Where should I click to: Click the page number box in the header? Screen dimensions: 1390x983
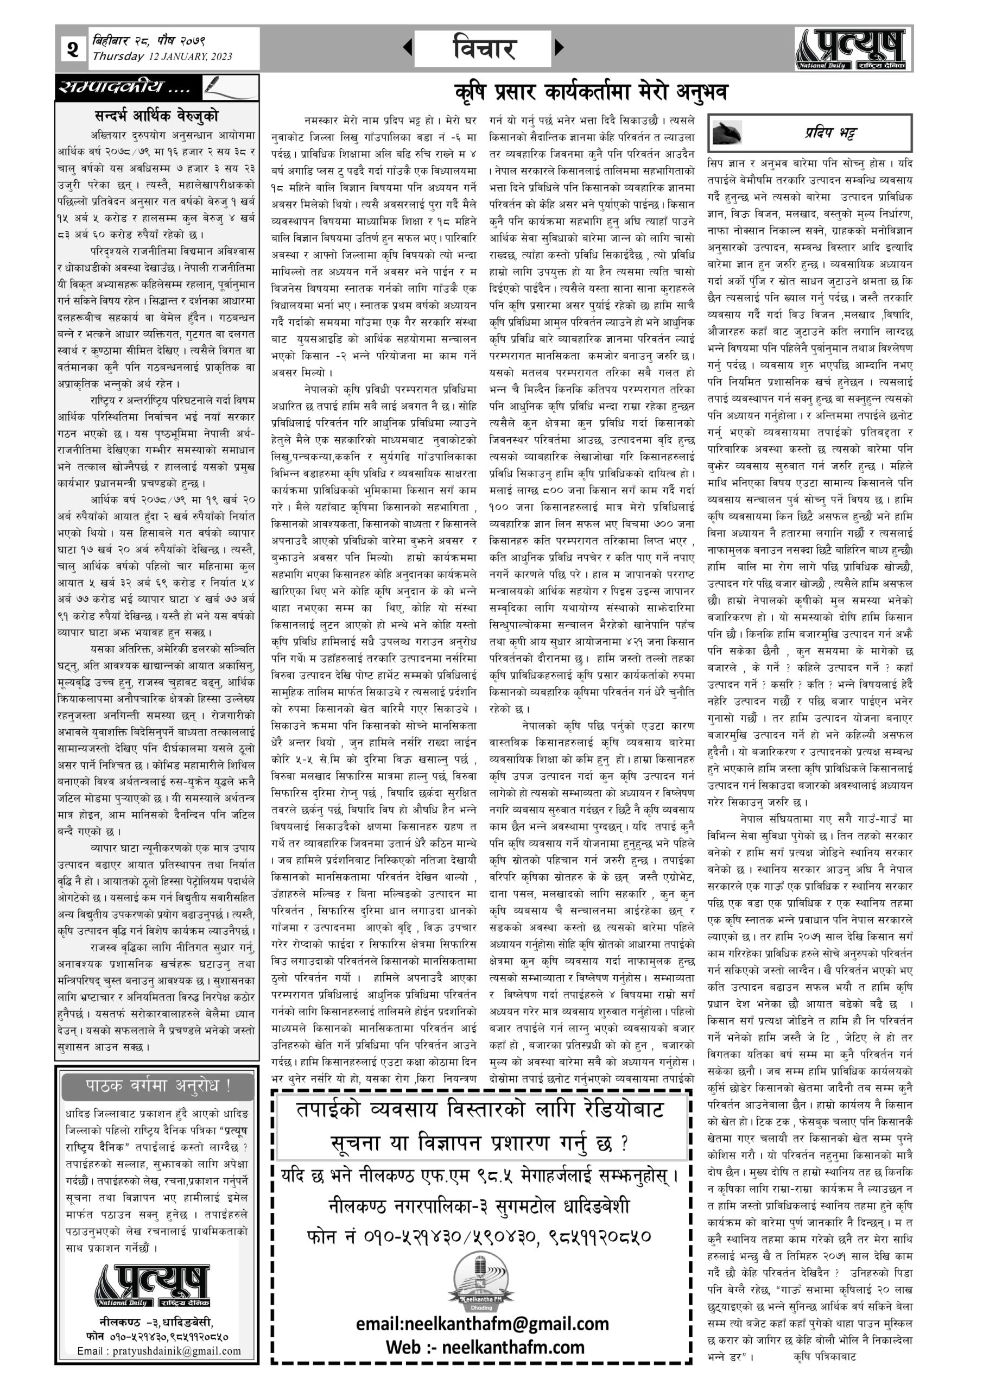tap(73, 48)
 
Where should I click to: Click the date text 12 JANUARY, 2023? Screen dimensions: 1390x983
tap(189, 57)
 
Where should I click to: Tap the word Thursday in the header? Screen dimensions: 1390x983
tap(118, 57)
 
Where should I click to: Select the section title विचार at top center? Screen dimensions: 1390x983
tap(483, 48)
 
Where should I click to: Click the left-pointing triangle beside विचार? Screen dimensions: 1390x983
tap(408, 47)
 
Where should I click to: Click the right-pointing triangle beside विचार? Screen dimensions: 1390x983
tap(559, 47)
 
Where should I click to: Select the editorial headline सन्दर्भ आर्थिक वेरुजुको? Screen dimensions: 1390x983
tap(156, 115)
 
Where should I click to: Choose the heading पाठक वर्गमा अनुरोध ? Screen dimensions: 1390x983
tap(157, 1085)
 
